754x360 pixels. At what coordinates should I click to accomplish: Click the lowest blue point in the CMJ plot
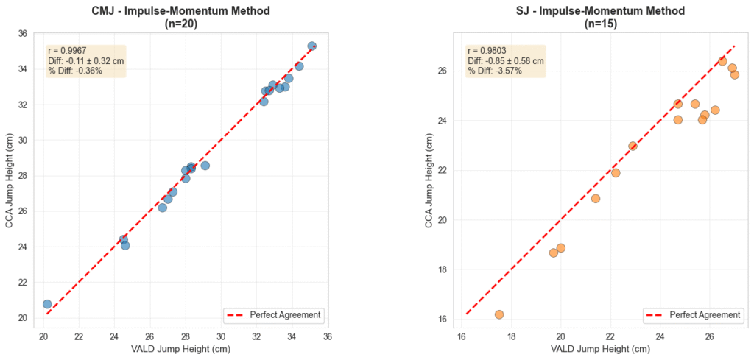coord(47,304)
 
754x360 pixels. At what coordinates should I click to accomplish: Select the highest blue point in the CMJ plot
coord(311,46)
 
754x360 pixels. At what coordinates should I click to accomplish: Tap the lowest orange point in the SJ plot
coord(499,314)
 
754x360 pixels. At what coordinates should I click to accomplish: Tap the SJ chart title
coord(602,11)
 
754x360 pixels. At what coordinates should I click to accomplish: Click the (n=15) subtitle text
coord(602,24)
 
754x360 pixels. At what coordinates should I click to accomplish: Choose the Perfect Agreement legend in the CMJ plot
coord(274,315)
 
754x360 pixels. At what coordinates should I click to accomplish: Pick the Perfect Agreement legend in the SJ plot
coord(694,315)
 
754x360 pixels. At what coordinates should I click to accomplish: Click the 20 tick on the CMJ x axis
coord(43,337)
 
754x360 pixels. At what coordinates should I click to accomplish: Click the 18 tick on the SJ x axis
coord(511,337)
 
